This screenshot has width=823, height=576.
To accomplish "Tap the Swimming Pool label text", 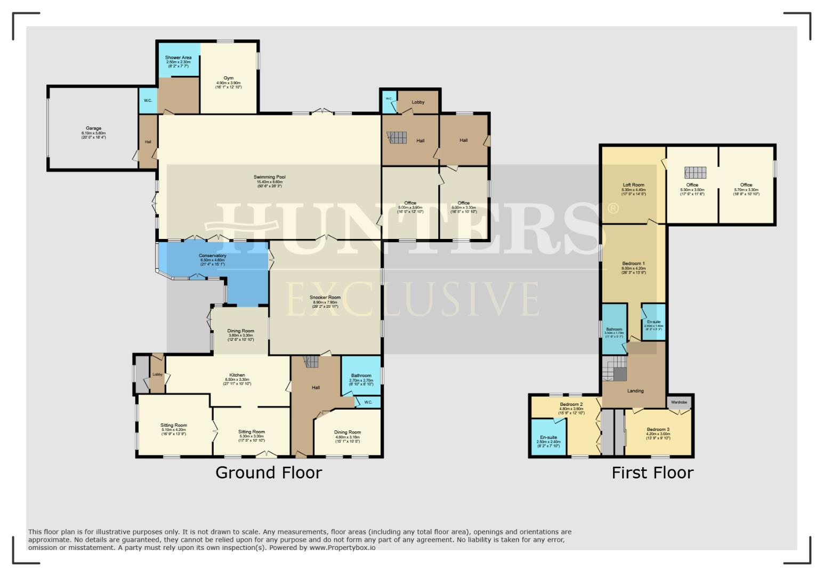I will coord(270,177).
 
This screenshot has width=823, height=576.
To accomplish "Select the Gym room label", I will coord(228,78).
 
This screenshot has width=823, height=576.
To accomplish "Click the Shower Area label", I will coord(178,58).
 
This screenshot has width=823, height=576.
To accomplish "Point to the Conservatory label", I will coord(212,256).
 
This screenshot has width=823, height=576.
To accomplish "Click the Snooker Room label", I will coord(326,298).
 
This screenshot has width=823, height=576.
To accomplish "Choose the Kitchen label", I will coord(237,375).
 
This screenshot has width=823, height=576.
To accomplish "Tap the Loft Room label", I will coord(633,185).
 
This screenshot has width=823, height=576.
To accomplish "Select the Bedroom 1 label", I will coord(633,263).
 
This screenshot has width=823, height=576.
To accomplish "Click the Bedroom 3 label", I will coord(658,430).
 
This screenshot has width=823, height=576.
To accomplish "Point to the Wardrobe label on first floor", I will coord(679,402).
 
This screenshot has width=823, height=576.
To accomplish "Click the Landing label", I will coord(635,391).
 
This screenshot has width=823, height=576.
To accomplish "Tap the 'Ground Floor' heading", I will coord(269,473).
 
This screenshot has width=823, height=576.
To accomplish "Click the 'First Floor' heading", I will coord(652,473).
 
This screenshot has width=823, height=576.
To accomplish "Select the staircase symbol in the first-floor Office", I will coord(695,172).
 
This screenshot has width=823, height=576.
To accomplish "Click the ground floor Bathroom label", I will coord(361,376).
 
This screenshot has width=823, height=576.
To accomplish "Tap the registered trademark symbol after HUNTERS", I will coord(613,209).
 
